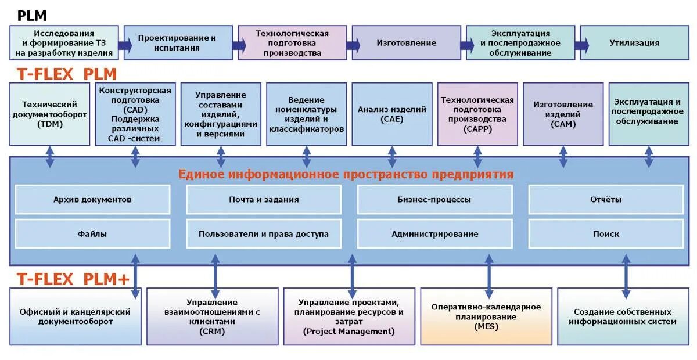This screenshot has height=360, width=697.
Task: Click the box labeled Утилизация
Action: tap(634, 43)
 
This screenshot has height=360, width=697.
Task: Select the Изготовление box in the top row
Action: tap(406, 43)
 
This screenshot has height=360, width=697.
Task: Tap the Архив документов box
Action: tap(92, 200)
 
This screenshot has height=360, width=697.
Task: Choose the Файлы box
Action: tap(92, 234)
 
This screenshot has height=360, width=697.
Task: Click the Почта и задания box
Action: tap(264, 200)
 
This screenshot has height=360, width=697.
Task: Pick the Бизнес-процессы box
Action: tap(434, 200)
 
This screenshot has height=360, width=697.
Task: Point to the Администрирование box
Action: tap(434, 234)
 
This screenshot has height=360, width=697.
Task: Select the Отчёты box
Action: tap(606, 200)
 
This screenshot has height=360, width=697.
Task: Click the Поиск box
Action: tap(606, 234)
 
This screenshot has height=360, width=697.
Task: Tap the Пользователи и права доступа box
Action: tap(264, 234)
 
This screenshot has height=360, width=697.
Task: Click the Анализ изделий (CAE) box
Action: tap(392, 114)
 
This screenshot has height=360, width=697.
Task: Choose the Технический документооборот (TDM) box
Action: tap(50, 114)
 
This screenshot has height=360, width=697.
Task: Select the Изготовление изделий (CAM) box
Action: tap(563, 114)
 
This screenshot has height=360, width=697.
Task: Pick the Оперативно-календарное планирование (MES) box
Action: tap(486, 317)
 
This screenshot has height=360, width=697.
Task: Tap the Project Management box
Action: tap(348, 317)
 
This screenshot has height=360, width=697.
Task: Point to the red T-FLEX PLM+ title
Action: tap(73, 279)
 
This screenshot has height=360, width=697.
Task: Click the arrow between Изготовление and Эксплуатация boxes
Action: tap(467, 45)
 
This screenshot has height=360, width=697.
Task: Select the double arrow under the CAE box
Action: tap(392, 156)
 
